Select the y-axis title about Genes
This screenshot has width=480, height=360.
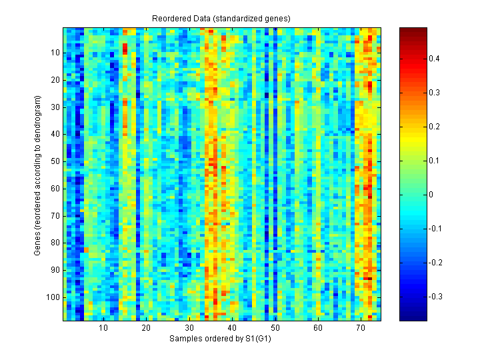coord(39,175)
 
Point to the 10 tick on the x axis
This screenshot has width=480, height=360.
coord(103,329)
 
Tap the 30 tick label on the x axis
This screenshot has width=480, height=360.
coord(189,329)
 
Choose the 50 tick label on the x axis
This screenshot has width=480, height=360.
coord(275,329)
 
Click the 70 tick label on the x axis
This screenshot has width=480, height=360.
coord(360,329)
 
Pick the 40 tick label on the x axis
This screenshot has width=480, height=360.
coord(232,329)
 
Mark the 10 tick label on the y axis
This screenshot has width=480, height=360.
coord(55,53)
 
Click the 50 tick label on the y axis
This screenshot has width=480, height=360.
coord(55,161)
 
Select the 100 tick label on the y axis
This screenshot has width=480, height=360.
coord(53,297)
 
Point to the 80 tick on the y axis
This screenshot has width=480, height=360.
coord(55,243)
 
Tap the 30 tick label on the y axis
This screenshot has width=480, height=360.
coord(55,107)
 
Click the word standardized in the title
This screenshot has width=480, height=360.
coord(247,18)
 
